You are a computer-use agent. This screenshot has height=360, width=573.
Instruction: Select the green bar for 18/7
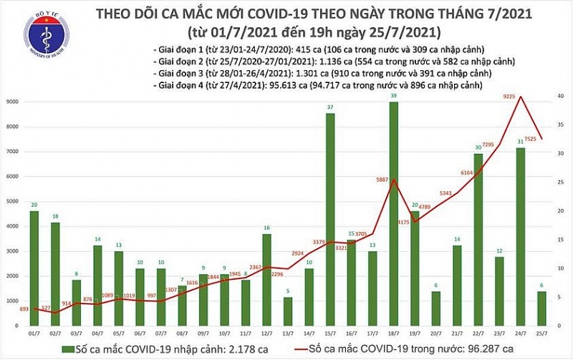394,215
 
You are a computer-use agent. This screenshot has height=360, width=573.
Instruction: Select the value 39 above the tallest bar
394,96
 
